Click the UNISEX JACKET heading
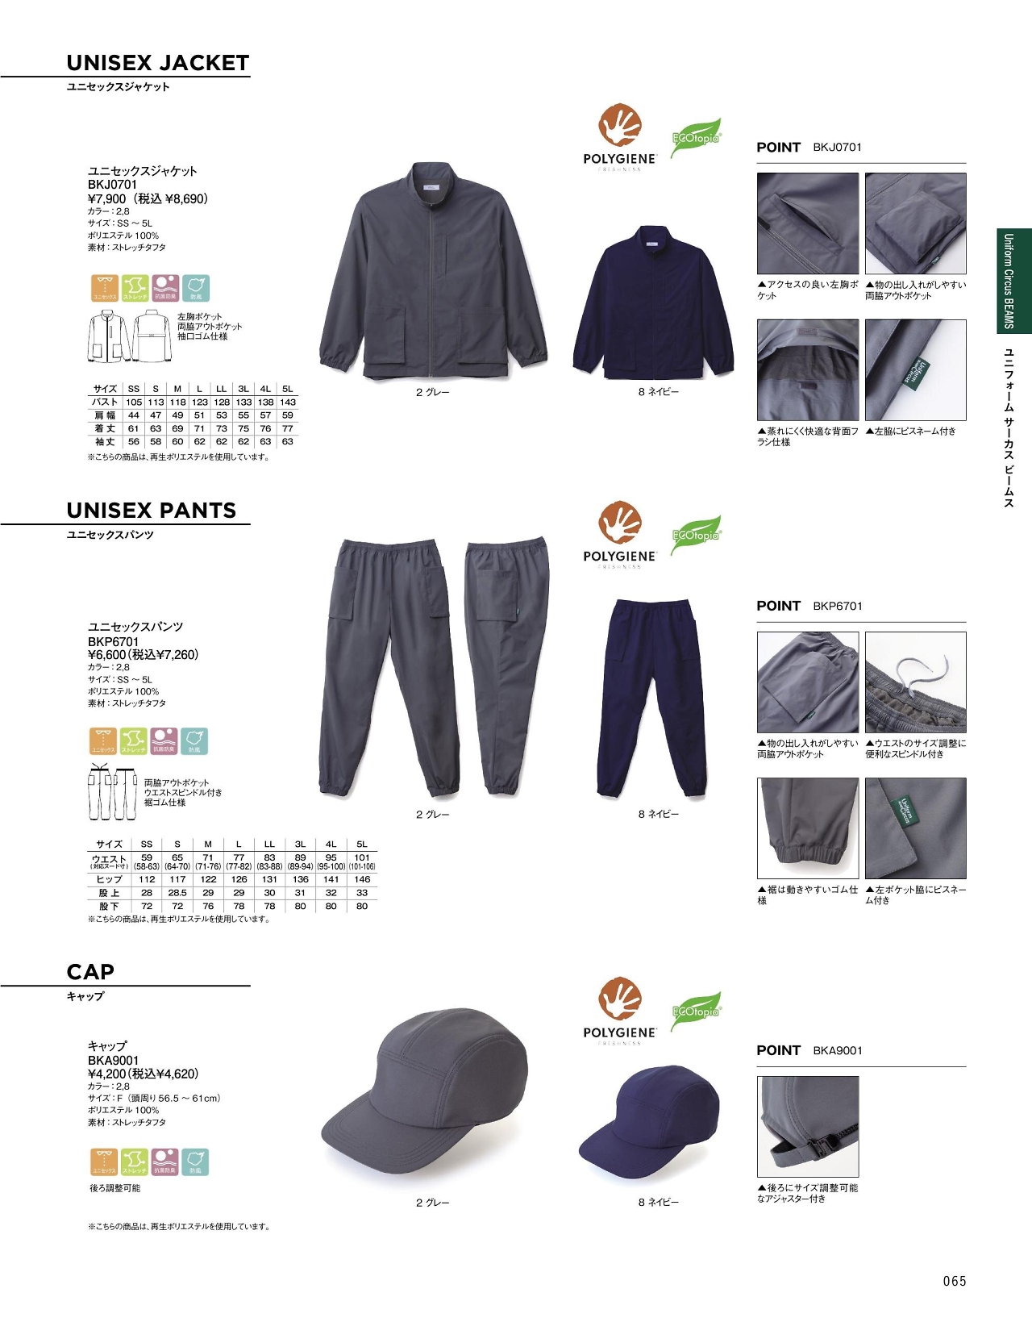tap(158, 63)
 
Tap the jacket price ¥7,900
tap(107, 199)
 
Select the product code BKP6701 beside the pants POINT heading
tap(838, 606)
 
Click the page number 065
tap(954, 1281)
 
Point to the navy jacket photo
tap(653, 302)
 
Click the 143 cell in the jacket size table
tap(288, 402)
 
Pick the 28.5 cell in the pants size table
tap(177, 893)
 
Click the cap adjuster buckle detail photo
tap(808, 1126)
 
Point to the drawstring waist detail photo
tap(915, 682)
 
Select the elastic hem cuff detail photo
tap(808, 828)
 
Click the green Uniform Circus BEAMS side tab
tap(1013, 281)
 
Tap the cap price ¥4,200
tap(107, 1074)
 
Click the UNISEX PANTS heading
tap(152, 511)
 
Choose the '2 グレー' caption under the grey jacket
tap(433, 393)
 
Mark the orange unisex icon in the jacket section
tap(105, 288)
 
